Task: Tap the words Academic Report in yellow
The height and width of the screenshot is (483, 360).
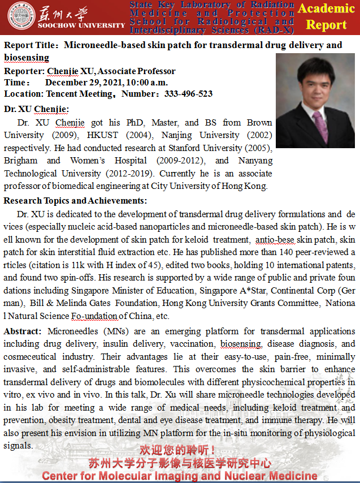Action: coord(326,17)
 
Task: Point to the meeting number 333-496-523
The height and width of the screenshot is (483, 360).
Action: coord(188,94)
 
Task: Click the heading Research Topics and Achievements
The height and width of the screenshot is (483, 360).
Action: coord(75,201)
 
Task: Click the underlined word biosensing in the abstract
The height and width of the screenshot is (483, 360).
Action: coord(241,344)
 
